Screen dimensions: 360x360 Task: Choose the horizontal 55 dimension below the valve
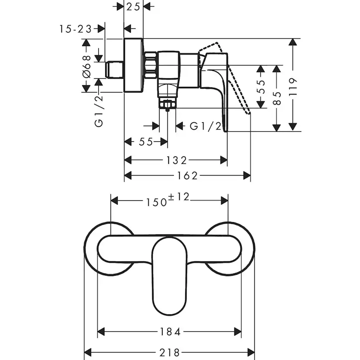(146, 142)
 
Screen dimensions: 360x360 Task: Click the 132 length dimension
(176, 160)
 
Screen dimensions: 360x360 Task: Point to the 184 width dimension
(170, 332)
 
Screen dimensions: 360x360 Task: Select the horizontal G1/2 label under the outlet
(206, 126)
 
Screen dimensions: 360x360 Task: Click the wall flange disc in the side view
(133, 65)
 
